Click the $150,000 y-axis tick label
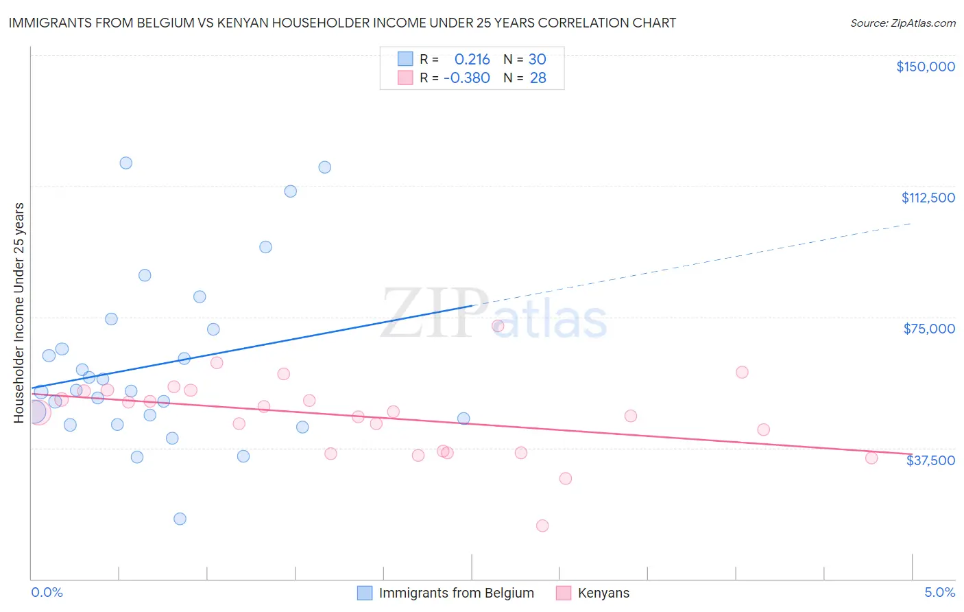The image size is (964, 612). tap(925, 67)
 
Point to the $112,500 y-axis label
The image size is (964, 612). tap(928, 198)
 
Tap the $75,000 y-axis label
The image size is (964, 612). tap(929, 329)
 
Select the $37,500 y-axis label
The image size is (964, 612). tap(930, 460)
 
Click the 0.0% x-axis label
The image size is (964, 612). tap(47, 592)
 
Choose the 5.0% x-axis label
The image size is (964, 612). tap(939, 592)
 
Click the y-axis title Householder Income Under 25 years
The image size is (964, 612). tap(19, 312)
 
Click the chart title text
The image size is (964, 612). tap(342, 23)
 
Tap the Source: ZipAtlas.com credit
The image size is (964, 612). tap(902, 23)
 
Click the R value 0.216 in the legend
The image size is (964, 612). tap(472, 59)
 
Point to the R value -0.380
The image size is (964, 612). tap(466, 78)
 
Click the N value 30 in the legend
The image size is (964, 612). tap(537, 59)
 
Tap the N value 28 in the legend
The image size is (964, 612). tap(538, 78)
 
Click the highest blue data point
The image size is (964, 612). tap(126, 163)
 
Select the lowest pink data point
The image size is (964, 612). tap(542, 526)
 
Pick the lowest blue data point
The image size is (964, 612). tap(180, 519)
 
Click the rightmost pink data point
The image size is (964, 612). tap(871, 458)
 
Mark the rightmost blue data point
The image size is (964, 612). tap(463, 419)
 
